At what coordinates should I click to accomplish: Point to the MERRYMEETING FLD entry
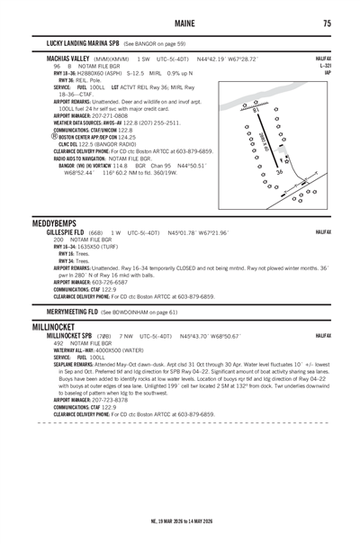74,311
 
